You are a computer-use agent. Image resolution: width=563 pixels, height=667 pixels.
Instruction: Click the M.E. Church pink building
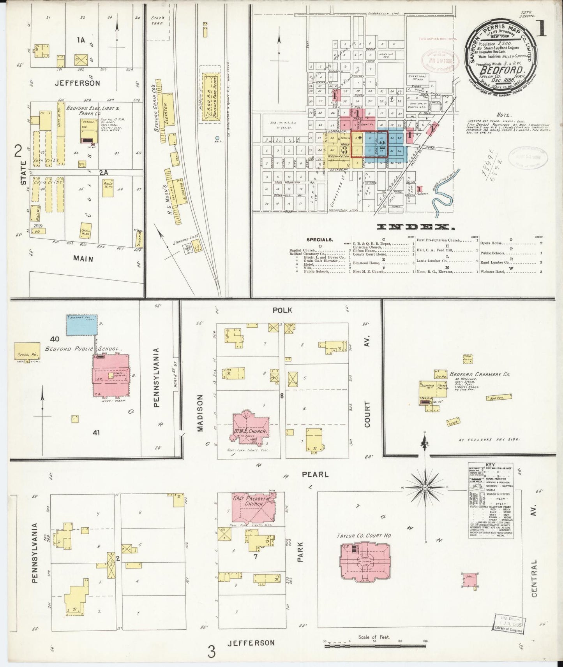point(251,427)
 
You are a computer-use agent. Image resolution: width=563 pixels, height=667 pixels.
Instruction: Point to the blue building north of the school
point(82,325)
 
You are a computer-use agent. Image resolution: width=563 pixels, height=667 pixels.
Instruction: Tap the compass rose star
point(425,487)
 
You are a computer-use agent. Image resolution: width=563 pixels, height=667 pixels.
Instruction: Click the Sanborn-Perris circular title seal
point(501,53)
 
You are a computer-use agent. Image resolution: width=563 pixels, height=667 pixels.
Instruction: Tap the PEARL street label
point(315,474)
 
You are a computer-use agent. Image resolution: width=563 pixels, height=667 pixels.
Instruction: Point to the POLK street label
point(282,310)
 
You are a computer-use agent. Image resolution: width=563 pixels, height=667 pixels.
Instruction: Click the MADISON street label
point(200,413)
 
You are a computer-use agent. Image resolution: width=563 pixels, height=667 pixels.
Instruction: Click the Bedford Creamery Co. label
point(480,374)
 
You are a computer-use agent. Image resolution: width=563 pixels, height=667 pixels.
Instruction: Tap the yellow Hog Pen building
point(493,397)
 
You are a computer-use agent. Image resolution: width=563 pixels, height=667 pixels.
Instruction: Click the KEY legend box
point(491,500)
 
